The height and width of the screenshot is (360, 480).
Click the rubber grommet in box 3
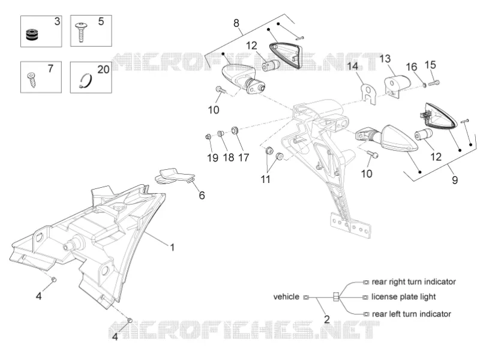click(x=32, y=34)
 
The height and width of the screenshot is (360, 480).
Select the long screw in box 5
click(x=81, y=32)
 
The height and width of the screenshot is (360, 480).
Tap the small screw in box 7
click(x=32, y=79)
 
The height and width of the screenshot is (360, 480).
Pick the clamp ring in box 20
click(x=85, y=81)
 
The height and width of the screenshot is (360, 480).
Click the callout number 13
click(x=385, y=58)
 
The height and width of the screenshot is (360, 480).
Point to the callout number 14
click(x=353, y=66)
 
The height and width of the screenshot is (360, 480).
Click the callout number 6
click(x=202, y=195)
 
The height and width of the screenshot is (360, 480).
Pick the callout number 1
click(x=172, y=247)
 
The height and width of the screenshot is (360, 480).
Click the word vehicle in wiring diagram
click(x=286, y=296)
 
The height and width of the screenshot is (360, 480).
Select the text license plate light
click(x=403, y=296)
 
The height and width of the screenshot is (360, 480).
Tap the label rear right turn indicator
click(x=413, y=281)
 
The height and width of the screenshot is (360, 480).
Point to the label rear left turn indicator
click(x=412, y=314)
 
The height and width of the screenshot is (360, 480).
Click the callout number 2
click(x=327, y=319)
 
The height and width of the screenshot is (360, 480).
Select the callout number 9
click(x=455, y=179)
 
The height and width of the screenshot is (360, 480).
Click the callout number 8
click(x=236, y=23)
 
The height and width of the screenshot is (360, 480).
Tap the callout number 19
click(x=212, y=158)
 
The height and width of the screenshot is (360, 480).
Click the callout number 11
click(x=265, y=179)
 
